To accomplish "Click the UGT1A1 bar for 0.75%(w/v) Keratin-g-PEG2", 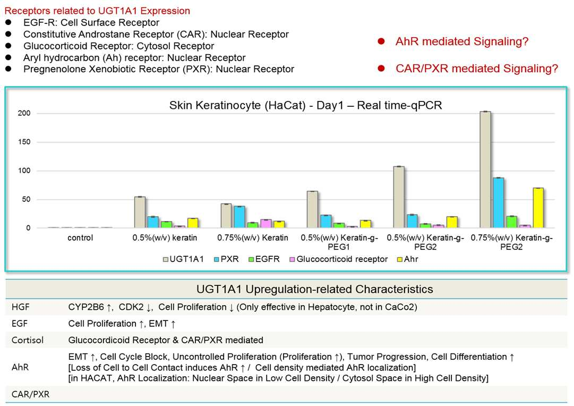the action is [485, 170].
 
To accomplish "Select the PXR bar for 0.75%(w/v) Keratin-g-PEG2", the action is [498, 203].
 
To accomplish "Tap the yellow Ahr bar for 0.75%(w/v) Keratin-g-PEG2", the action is [538, 208].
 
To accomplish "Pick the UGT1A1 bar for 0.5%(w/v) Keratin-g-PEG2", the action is [399, 197].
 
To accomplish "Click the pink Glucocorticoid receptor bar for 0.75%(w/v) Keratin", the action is [266, 224].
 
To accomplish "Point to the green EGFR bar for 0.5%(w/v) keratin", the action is [167, 225].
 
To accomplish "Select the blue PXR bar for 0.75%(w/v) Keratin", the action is [239, 217].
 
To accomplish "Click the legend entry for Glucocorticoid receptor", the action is [339, 259].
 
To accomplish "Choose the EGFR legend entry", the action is [264, 259].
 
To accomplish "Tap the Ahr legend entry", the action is [407, 259].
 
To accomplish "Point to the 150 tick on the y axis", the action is [24, 142].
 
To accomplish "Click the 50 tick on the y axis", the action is [27, 199].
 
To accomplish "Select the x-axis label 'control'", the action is [80, 238].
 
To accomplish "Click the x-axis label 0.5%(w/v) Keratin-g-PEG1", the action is [339, 242].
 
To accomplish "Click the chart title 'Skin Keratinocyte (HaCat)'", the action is [237, 106].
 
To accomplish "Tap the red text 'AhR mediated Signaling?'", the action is [462, 41].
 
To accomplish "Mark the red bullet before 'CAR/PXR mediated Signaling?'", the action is [381, 69].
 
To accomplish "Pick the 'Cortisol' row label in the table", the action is [28, 340].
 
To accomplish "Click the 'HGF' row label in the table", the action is [21, 307].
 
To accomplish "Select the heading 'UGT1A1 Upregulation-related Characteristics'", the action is [314, 289].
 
